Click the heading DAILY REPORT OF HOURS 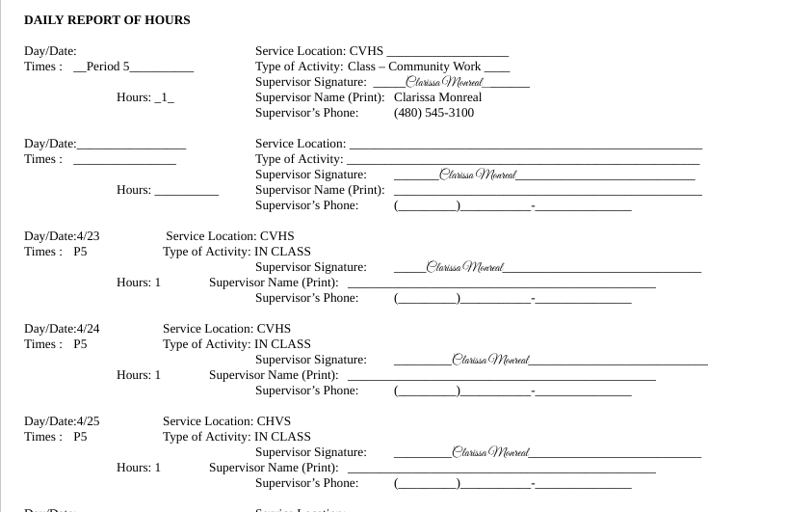[x=107, y=20]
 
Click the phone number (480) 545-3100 [x=433, y=113]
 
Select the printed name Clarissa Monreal [x=437, y=97]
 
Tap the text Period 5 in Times [x=108, y=67]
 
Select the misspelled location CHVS [x=274, y=421]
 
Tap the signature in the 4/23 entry [x=464, y=267]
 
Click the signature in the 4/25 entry [x=490, y=452]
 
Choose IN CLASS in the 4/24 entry [x=282, y=344]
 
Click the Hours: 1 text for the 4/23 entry [x=139, y=283]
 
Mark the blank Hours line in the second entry [x=186, y=191]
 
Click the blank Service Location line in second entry [x=524, y=145]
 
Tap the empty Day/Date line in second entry [x=131, y=145]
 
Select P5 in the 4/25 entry [x=80, y=437]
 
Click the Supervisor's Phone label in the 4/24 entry [x=306, y=391]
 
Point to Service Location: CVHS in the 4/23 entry [x=229, y=236]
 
